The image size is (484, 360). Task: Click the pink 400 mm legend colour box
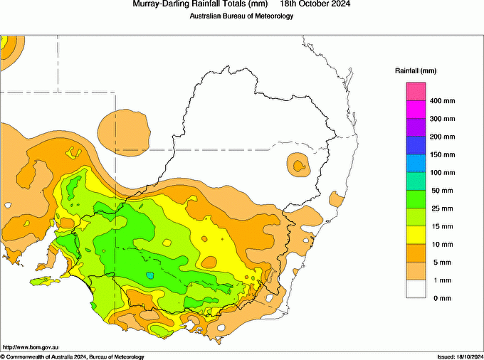416,92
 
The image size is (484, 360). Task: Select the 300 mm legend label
441,119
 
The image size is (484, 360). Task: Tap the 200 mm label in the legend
441,137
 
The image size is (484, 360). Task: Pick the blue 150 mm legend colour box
416,146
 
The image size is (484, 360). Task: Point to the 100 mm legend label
441,173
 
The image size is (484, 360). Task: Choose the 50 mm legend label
440,191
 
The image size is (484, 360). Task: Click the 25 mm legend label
440,208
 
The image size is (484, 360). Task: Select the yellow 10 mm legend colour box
416,235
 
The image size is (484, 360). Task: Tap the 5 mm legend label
438,263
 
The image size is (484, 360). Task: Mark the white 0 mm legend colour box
416,290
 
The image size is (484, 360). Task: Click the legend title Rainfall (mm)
415,71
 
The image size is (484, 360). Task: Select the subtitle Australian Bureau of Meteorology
241,16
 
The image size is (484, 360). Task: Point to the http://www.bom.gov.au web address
30,346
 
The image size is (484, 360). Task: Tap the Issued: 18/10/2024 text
460,356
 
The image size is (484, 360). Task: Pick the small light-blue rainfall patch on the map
149,275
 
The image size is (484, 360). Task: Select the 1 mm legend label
438,280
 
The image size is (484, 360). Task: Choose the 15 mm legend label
440,226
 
